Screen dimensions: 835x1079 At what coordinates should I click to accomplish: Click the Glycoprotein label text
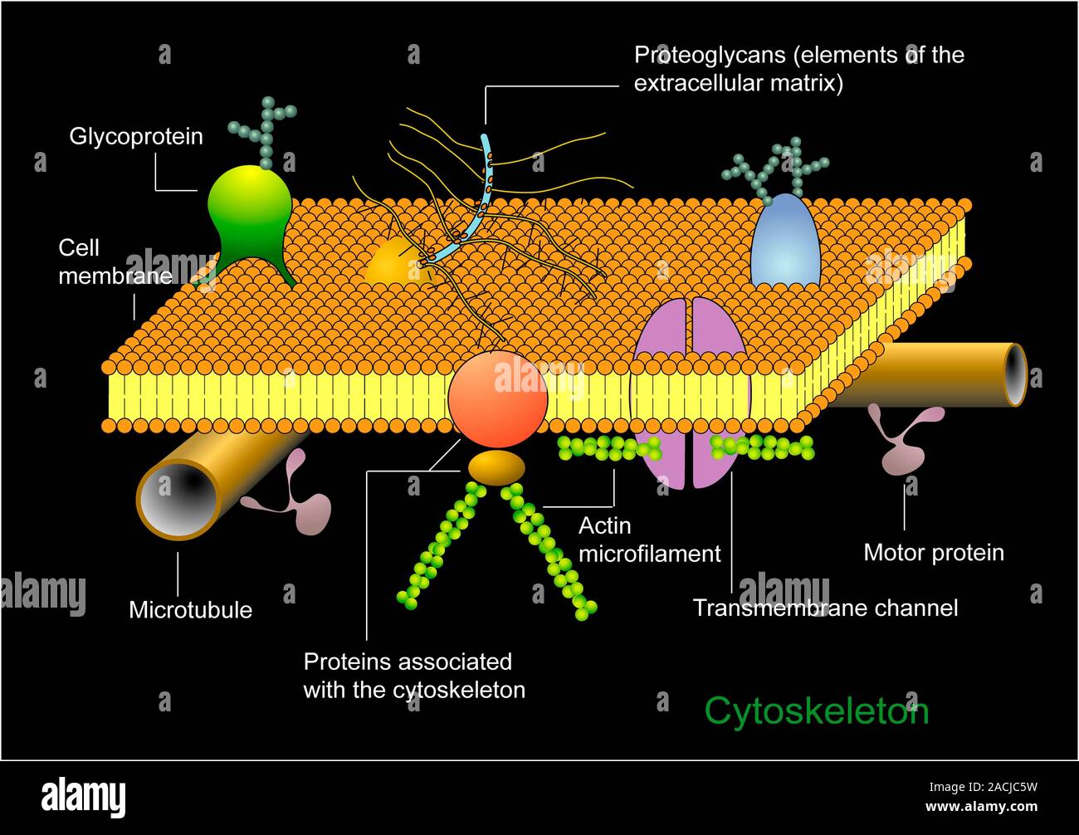pos(135,136)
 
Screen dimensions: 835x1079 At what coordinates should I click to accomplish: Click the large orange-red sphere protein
pos(497,399)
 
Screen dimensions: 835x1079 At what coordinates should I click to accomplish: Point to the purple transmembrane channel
pos(691,390)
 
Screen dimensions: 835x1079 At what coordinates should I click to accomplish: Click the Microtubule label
pos(190,610)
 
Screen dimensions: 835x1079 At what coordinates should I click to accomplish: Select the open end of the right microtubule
pos(1015,375)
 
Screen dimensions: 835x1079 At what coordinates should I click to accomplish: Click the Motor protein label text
pos(933,553)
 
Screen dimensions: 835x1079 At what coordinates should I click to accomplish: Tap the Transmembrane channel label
pos(825,608)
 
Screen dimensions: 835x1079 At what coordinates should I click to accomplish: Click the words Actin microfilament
pos(649,540)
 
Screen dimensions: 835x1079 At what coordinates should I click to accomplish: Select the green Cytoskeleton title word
pos(816,711)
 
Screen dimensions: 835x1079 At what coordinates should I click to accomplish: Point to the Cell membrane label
pos(114,261)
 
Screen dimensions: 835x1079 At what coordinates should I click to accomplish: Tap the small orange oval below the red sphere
pos(496,466)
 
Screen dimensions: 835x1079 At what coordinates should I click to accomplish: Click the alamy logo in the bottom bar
pos(84,797)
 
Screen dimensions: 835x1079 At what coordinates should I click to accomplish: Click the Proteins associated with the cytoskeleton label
pos(413,676)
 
